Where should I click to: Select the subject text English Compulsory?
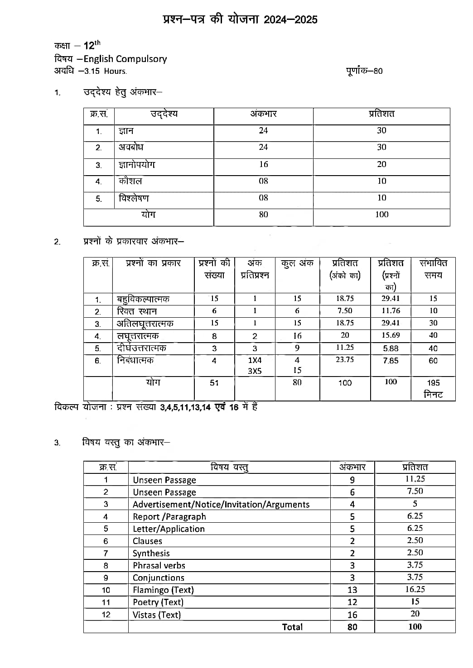click(x=125, y=59)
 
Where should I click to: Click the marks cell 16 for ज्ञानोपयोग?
click(x=263, y=164)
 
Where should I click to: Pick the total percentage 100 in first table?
click(x=381, y=215)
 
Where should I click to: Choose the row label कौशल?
click(x=130, y=181)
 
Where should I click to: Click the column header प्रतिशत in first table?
click(x=381, y=114)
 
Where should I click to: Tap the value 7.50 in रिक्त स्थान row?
click(x=345, y=311)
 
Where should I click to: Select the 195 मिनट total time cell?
click(x=433, y=388)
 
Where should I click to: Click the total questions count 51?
click(x=214, y=383)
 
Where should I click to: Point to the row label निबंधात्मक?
click(x=135, y=360)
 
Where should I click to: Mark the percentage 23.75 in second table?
click(x=345, y=360)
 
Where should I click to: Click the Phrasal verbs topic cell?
click(x=159, y=565)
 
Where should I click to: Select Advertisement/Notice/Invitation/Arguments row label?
click(x=221, y=504)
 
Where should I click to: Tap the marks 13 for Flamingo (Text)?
click(x=352, y=590)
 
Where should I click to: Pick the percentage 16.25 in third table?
click(x=415, y=589)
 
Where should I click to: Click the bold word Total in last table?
click(x=292, y=627)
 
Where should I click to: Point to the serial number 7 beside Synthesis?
click(x=106, y=553)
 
